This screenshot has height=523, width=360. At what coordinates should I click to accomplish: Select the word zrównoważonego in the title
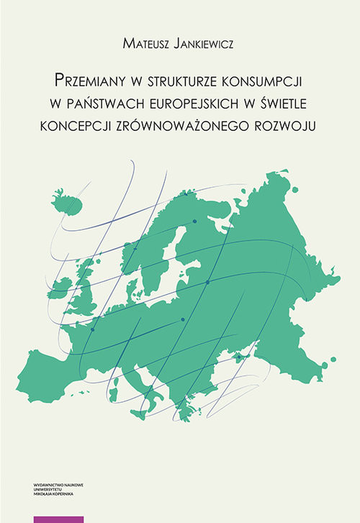(x=186, y=122)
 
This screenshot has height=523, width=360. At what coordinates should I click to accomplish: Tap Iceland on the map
(x=68, y=196)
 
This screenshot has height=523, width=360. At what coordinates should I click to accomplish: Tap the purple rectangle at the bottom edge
(x=59, y=519)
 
